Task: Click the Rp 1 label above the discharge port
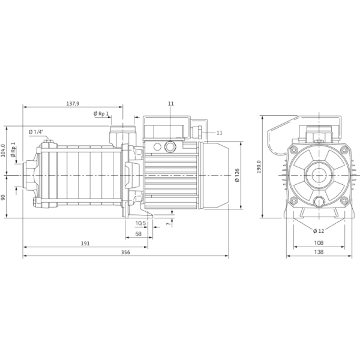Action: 100,113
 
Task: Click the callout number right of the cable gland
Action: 219,131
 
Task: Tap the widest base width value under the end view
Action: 319,252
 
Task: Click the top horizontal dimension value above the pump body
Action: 73,104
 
